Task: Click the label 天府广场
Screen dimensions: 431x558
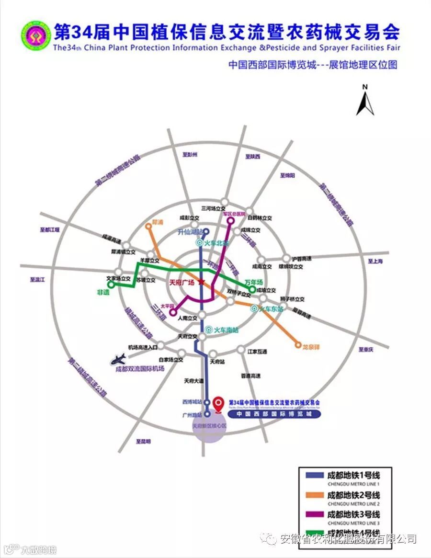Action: pos(182,283)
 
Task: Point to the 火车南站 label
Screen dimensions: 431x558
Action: pos(226,330)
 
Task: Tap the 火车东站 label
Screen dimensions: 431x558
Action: pos(271,309)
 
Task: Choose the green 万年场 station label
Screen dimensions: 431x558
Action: pos(254,282)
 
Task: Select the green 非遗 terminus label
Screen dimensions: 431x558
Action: pos(103,292)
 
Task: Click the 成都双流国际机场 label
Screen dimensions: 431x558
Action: pos(140,369)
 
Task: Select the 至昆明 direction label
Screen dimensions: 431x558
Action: pos(143,441)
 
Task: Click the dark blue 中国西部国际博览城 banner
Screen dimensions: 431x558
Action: pos(274,413)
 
